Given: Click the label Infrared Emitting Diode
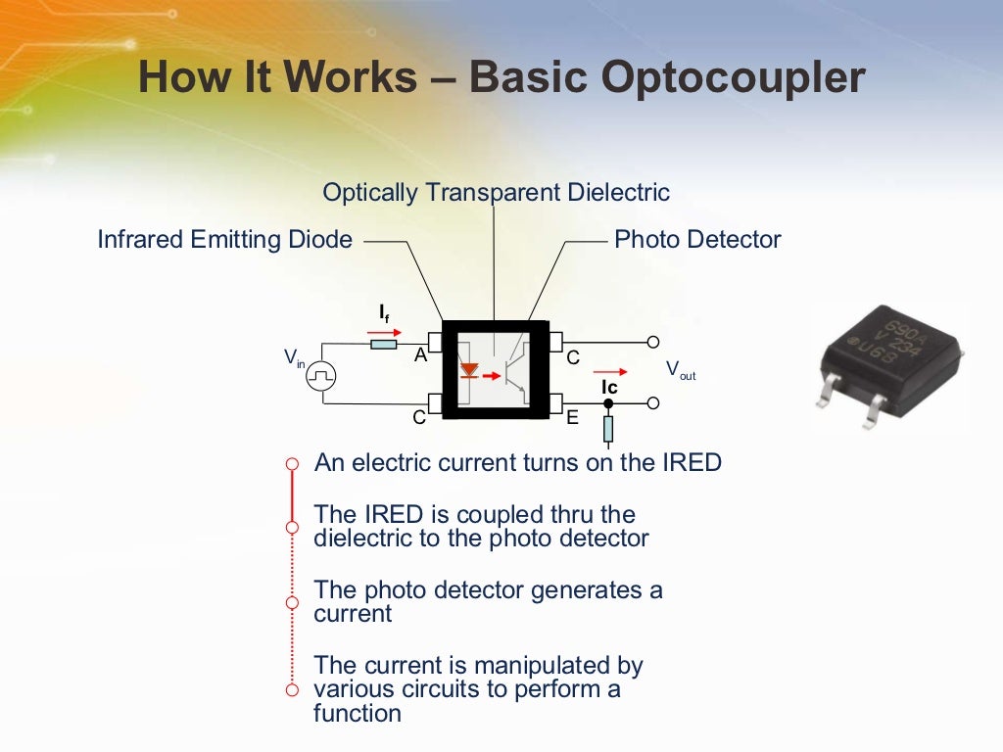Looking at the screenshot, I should click(224, 240).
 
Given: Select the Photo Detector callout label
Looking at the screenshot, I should click(697, 240).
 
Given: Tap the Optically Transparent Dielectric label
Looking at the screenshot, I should click(497, 193).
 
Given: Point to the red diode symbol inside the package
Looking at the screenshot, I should click(469, 371).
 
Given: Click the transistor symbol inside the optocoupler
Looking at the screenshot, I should click(512, 372).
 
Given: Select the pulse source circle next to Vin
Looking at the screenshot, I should click(321, 374).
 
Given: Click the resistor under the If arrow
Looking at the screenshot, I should click(383, 344).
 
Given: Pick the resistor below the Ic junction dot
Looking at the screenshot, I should click(608, 429).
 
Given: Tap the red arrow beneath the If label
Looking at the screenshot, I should click(383, 332).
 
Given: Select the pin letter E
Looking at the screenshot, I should click(573, 418).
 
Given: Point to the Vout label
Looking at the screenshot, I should click(680, 370).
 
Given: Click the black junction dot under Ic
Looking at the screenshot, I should click(608, 402).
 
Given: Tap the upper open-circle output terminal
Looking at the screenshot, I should click(653, 342).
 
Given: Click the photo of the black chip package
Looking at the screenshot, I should click(889, 365).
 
